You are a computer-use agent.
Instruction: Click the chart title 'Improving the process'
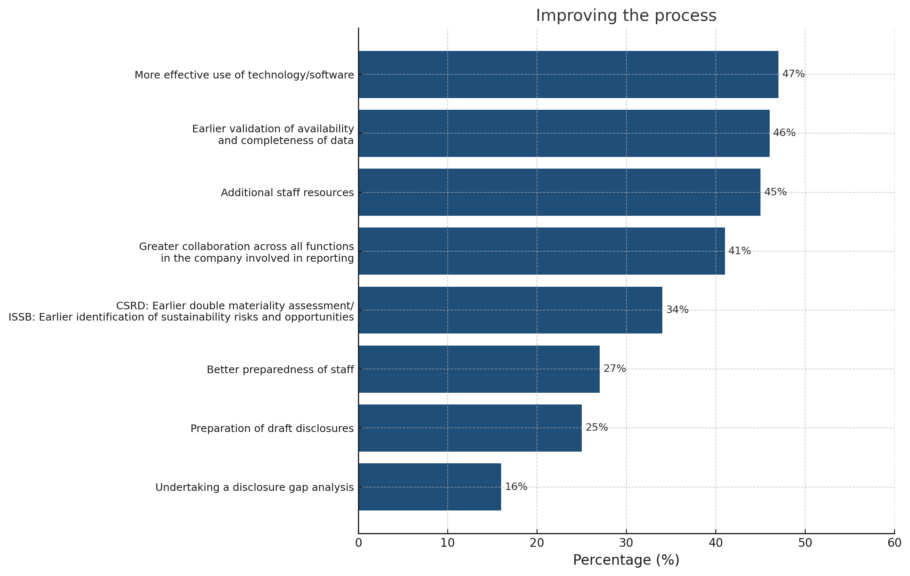point(626,16)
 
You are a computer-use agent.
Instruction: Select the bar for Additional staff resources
point(559,192)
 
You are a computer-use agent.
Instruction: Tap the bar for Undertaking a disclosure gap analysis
point(430,487)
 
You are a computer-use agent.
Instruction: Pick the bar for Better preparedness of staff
point(479,369)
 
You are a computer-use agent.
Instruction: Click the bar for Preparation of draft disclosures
point(470,428)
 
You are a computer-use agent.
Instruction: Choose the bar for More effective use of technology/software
point(568,75)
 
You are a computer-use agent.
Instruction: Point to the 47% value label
point(793,74)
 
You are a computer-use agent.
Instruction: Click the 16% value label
point(516,487)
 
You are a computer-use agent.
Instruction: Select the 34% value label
point(677,310)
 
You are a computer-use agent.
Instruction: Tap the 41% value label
point(740,251)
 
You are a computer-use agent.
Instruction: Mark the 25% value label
point(596,428)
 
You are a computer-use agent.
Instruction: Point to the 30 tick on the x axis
point(626,543)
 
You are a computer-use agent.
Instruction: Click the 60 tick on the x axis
point(894,543)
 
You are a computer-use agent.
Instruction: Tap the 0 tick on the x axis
point(358,543)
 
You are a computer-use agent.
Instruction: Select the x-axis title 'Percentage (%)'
point(626,560)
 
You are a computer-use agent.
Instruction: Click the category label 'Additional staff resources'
point(287,193)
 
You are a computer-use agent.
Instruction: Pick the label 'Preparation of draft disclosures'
point(272,429)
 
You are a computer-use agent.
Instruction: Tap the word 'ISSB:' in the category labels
point(22,317)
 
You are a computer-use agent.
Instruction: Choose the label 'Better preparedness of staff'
point(280,370)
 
